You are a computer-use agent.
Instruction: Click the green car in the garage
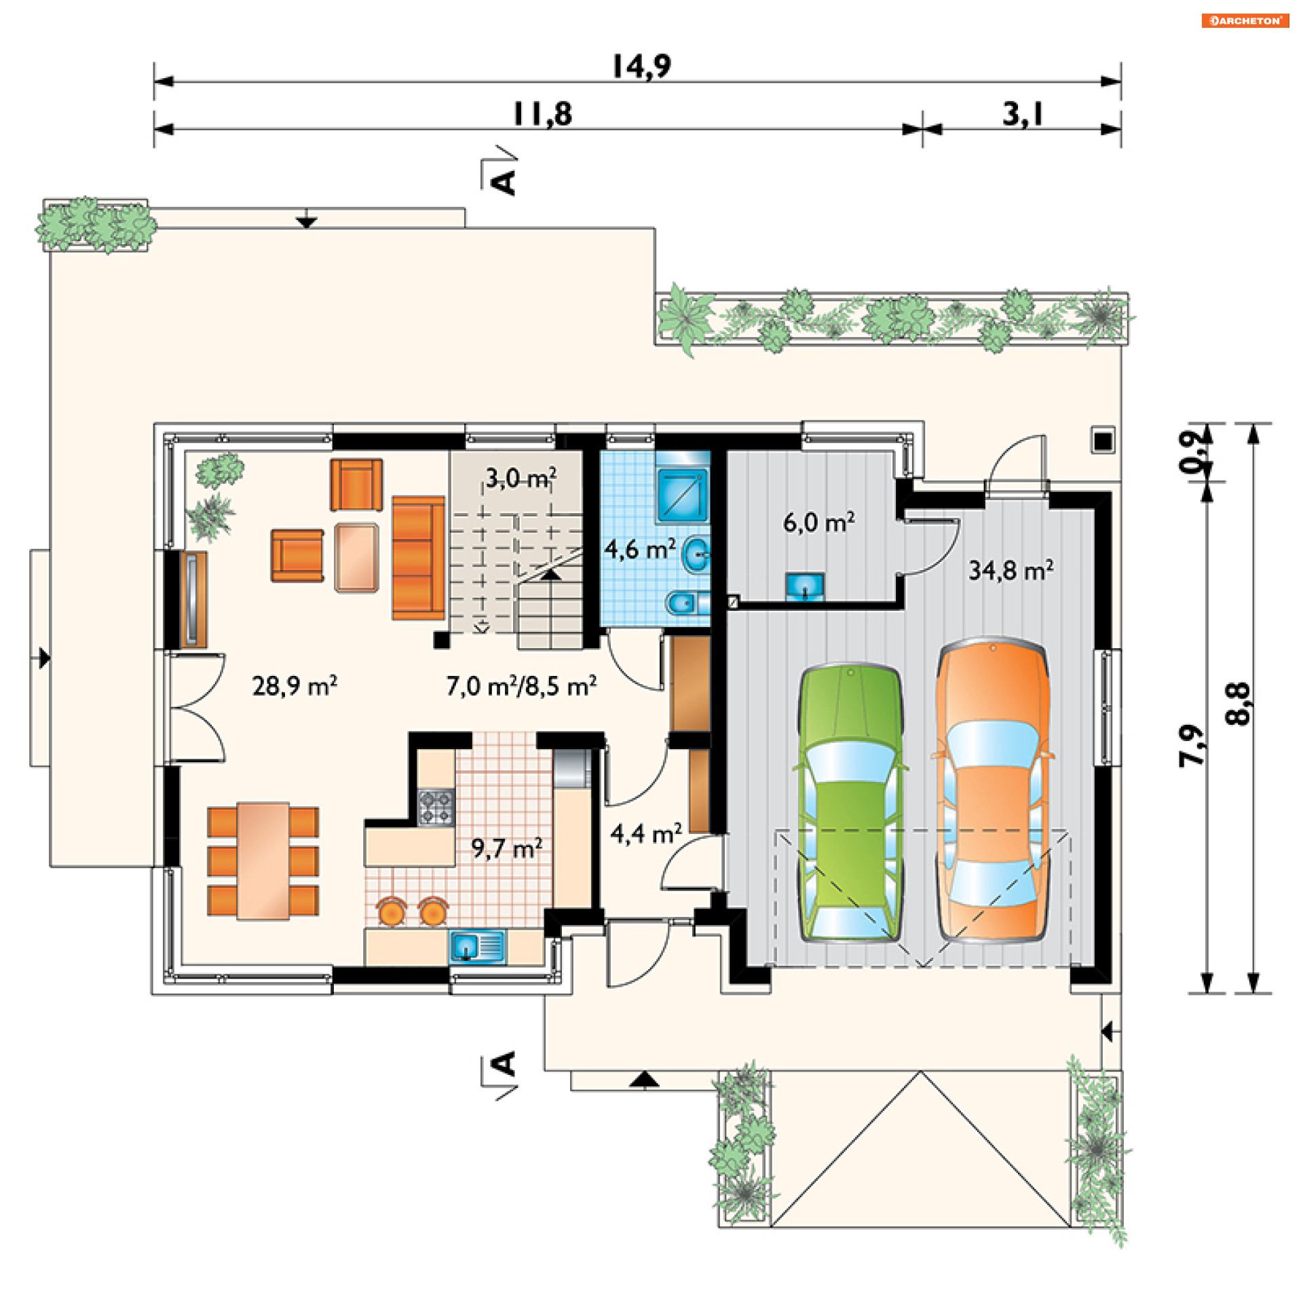pyautogui.click(x=850, y=803)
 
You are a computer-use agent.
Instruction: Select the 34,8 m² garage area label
pyautogui.click(x=1011, y=570)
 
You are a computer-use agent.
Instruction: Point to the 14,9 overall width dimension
pyautogui.click(x=641, y=67)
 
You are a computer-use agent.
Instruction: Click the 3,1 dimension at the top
pyautogui.click(x=1023, y=114)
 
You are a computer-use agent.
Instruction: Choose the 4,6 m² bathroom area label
pyautogui.click(x=640, y=549)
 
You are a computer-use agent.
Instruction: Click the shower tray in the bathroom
pyautogui.click(x=682, y=495)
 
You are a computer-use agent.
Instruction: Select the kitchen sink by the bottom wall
pyautogui.click(x=477, y=947)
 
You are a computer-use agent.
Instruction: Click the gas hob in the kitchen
pyautogui.click(x=436, y=806)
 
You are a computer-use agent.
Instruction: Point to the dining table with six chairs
pyautogui.click(x=263, y=861)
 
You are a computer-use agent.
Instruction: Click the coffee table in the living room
pyautogui.click(x=356, y=558)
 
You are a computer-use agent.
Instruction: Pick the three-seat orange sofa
pyautogui.click(x=418, y=558)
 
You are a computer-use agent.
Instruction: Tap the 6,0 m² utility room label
pyautogui.click(x=819, y=522)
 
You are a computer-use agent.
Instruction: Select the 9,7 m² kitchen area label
pyautogui.click(x=507, y=848)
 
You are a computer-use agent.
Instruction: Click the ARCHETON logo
pyautogui.click(x=1245, y=20)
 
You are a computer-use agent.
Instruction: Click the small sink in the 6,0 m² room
pyautogui.click(x=805, y=586)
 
